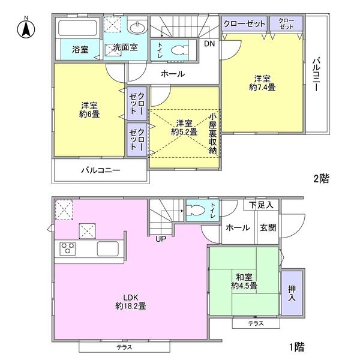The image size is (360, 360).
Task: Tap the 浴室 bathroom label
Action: click(x=81, y=49)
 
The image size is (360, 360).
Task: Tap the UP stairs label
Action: click(x=161, y=239)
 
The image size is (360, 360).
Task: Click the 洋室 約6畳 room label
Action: click(x=90, y=109)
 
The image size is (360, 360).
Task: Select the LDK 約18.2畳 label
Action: click(x=130, y=301)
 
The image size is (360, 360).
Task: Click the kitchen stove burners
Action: click(x=68, y=248)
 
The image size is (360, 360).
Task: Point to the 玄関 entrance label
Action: click(x=268, y=229)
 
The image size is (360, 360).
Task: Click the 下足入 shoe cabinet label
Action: click(x=261, y=205)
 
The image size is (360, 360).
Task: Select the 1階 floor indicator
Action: click(x=296, y=347)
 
